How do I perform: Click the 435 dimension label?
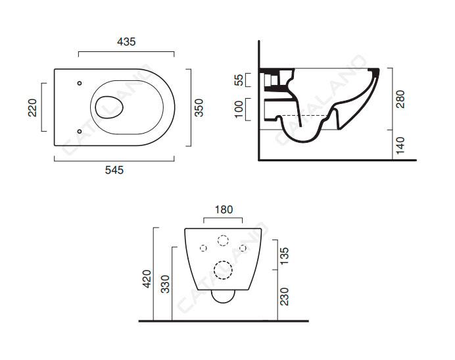click(126, 41)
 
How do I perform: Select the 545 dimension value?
click(114, 169)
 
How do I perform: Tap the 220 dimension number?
click(32, 107)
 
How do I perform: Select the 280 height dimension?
click(401, 99)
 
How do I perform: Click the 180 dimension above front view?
click(224, 209)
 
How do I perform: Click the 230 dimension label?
click(285, 296)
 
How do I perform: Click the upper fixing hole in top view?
click(80, 84)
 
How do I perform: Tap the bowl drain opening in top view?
click(109, 106)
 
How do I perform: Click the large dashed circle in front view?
click(224, 269)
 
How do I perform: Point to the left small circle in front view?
click(203, 248)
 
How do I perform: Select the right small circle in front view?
click(243, 248)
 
